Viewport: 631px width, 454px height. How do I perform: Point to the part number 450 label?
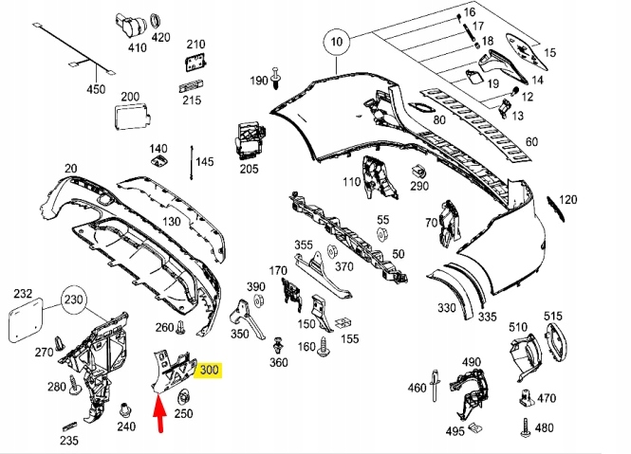click(97, 90)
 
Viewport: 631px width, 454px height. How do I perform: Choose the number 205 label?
click(249, 169)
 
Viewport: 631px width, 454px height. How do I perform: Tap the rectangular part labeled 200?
click(128, 119)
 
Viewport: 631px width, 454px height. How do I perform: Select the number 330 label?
click(446, 308)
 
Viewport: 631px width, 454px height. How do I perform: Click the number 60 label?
click(530, 142)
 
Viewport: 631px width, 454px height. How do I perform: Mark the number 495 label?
click(456, 431)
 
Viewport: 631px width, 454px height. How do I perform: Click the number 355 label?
click(304, 245)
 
